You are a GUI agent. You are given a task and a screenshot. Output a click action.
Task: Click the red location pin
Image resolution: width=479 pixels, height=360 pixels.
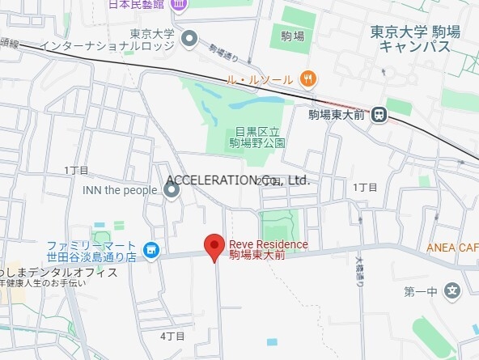214,246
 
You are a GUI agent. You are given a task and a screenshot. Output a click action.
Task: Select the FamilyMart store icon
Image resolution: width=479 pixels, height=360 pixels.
150,251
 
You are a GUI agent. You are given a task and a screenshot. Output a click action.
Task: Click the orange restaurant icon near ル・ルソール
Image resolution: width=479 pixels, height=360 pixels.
307,78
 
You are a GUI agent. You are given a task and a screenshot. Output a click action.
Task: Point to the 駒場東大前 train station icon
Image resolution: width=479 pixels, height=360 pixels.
379,116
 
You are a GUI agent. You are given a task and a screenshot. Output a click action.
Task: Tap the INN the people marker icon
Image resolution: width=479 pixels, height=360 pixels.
172,191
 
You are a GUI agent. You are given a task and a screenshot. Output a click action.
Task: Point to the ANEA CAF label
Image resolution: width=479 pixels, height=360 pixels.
452,248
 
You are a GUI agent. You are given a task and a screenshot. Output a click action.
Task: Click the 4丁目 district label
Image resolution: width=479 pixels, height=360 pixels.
172,335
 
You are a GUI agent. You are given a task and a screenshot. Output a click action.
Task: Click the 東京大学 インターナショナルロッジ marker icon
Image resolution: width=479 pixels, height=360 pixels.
189,38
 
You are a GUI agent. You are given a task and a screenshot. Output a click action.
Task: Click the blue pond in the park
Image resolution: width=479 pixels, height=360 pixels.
251,104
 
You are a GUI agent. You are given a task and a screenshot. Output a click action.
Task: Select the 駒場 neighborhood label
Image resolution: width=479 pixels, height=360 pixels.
293,36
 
